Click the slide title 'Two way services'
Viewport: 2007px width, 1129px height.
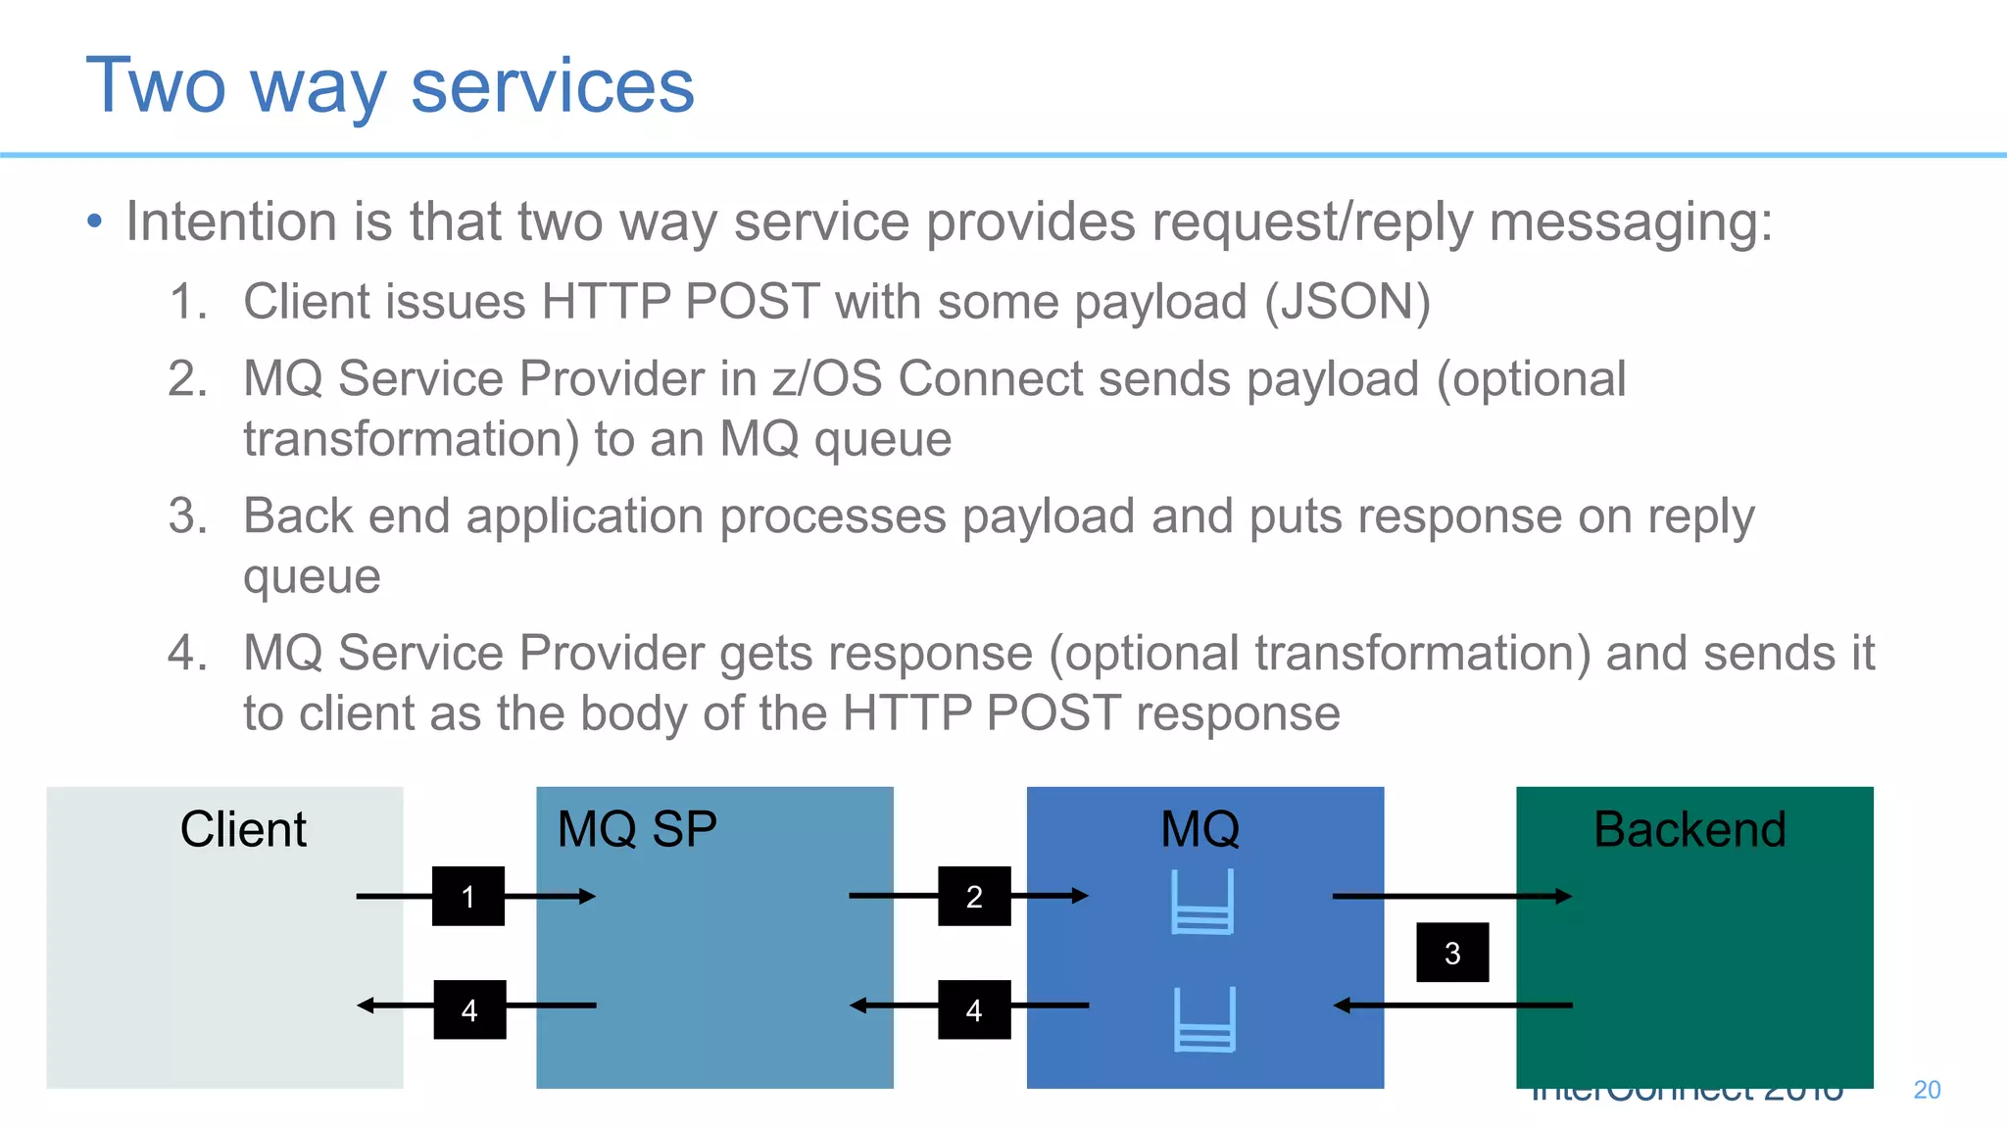390,86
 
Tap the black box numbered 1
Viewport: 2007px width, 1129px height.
468,896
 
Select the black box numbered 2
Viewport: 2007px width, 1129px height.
974,896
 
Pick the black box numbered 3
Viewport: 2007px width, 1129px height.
1452,952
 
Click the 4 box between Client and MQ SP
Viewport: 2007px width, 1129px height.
469,1009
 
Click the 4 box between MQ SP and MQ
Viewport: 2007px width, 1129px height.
974,1009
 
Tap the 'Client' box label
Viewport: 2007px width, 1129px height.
243,829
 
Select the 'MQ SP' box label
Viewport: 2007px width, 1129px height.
637,829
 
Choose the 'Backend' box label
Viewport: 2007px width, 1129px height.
1689,829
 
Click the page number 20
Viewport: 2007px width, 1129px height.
1927,1090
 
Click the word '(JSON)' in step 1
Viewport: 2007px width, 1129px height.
1347,302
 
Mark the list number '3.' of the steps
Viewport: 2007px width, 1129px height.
188,516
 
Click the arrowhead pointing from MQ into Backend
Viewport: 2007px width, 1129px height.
1564,896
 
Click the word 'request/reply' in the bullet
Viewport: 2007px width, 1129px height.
1311,222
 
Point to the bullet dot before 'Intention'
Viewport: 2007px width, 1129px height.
94,221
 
